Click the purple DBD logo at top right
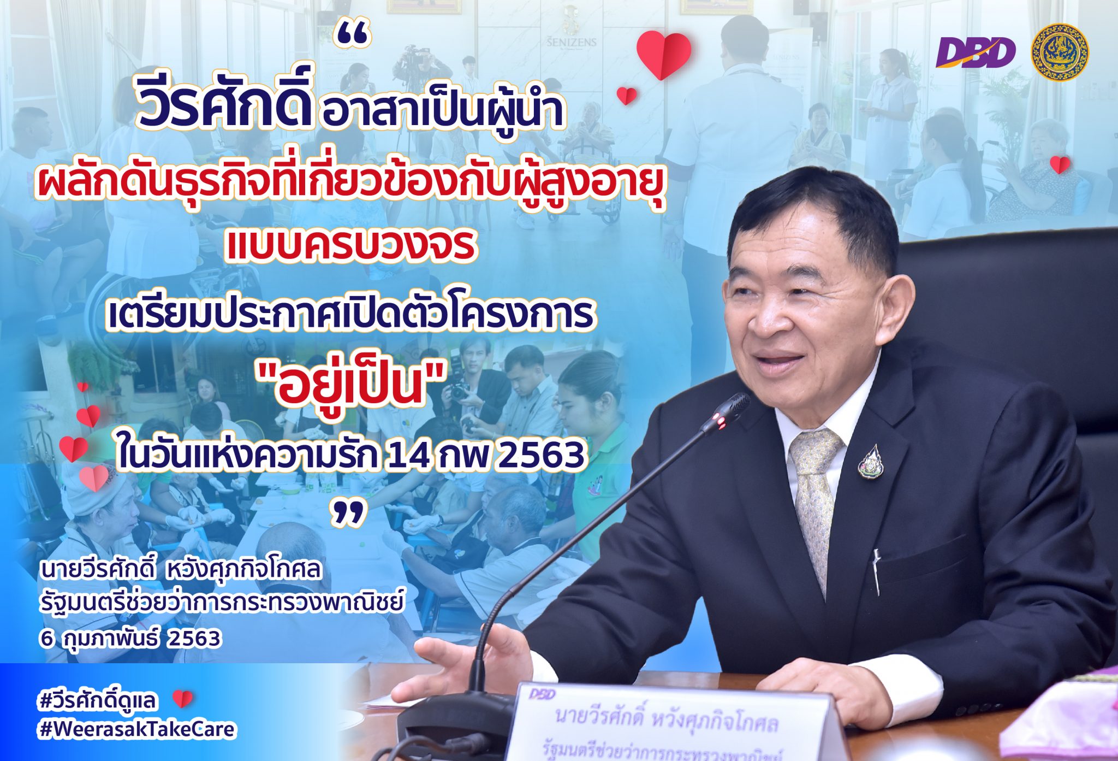[x=975, y=52]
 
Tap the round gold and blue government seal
[x=1059, y=52]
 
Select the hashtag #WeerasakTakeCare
[x=137, y=729]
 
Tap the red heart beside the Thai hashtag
[x=182, y=699]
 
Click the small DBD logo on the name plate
[x=542, y=694]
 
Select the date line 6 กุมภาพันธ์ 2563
[x=130, y=638]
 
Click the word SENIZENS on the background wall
[x=572, y=42]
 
